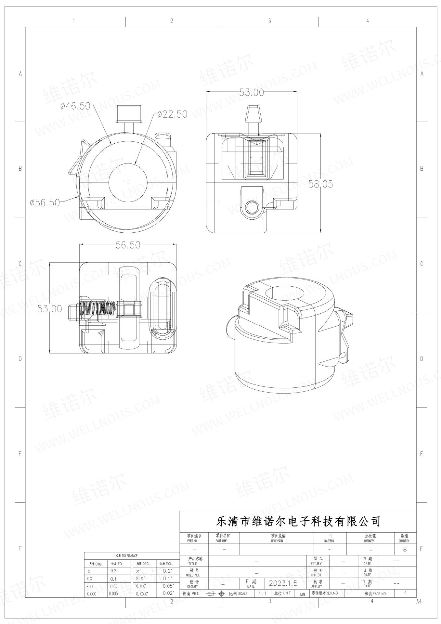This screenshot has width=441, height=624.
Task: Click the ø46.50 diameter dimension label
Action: click(75, 106)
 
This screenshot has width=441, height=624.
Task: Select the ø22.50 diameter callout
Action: click(172, 114)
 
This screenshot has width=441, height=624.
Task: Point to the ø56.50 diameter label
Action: click(45, 202)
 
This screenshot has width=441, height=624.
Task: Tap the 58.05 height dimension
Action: click(320, 184)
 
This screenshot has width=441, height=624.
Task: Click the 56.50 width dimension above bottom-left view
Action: click(128, 245)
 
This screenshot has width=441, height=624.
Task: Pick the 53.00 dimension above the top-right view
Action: click(252, 92)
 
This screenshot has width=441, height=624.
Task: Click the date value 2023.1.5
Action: click(283, 583)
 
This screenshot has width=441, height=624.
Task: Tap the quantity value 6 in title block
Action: click(405, 550)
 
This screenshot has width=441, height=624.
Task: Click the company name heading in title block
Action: click(298, 522)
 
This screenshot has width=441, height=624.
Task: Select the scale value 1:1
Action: click(263, 593)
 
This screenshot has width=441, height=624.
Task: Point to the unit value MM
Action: click(303, 594)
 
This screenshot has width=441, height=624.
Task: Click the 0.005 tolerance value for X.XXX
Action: click(113, 593)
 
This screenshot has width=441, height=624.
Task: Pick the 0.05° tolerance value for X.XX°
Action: click(168, 586)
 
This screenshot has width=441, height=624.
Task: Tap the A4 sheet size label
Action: click(419, 602)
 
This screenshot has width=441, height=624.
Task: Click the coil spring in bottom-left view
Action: click(97, 308)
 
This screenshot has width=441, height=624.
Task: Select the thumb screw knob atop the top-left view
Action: click(129, 113)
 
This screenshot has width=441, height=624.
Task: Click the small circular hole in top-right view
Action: click(252, 207)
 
